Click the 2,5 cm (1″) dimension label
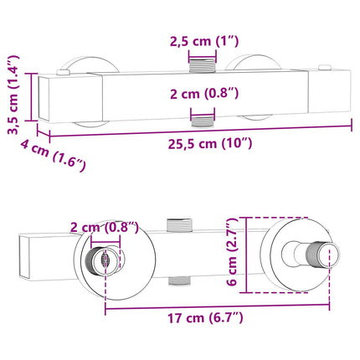204,42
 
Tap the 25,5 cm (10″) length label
210,144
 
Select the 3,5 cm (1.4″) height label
13,95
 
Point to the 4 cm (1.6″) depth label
53,156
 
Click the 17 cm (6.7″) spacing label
205,318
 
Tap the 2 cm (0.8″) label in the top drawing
204,94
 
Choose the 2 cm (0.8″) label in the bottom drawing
104,228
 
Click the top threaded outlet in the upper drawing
203,64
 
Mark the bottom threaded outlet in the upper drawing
203,121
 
